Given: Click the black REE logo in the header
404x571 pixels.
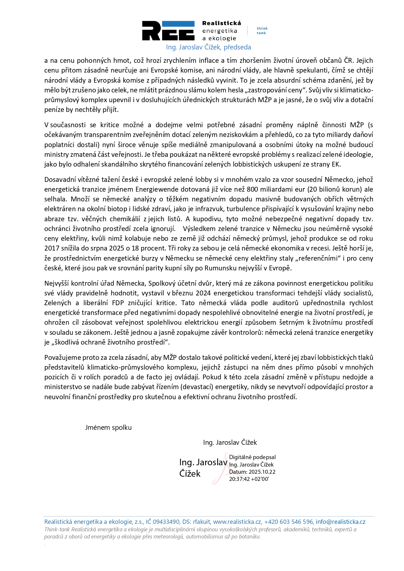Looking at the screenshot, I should pyautogui.click(x=168, y=31).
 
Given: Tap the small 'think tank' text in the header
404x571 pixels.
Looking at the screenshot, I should pyautogui.click(x=262, y=31).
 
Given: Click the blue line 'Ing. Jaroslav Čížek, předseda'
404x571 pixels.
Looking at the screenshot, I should pyautogui.click(x=208, y=47).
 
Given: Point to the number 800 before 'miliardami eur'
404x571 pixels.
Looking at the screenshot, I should pyautogui.click(x=252, y=189).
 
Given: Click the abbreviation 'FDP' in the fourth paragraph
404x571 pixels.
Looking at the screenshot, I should pyautogui.click(x=118, y=303).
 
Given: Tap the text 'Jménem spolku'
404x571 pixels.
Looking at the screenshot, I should pyautogui.click(x=108, y=428).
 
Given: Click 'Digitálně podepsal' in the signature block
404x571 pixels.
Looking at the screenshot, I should pyautogui.click(x=252, y=457).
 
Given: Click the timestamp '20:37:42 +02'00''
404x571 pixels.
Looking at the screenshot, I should pyautogui.click(x=249, y=479).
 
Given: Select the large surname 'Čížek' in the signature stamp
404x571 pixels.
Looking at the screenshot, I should pyautogui.click(x=190, y=474).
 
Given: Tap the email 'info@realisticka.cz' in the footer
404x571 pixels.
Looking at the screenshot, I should pyautogui.click(x=341, y=522).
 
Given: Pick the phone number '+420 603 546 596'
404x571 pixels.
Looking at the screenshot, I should pyautogui.click(x=288, y=522).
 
